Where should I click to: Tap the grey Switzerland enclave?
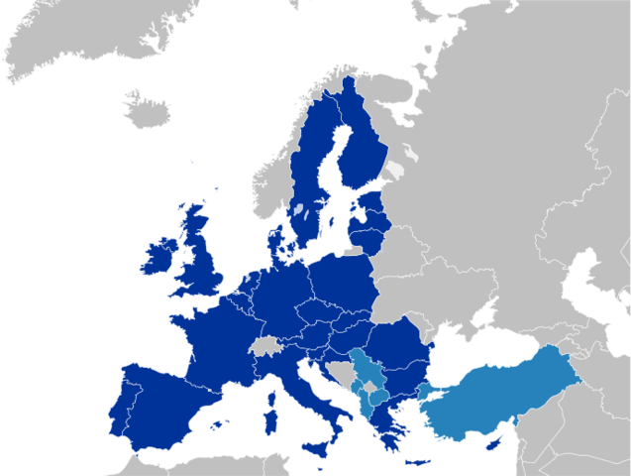[x=265, y=346]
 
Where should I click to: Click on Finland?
[x=362, y=149]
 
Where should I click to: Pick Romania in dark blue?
[x=397, y=342]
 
